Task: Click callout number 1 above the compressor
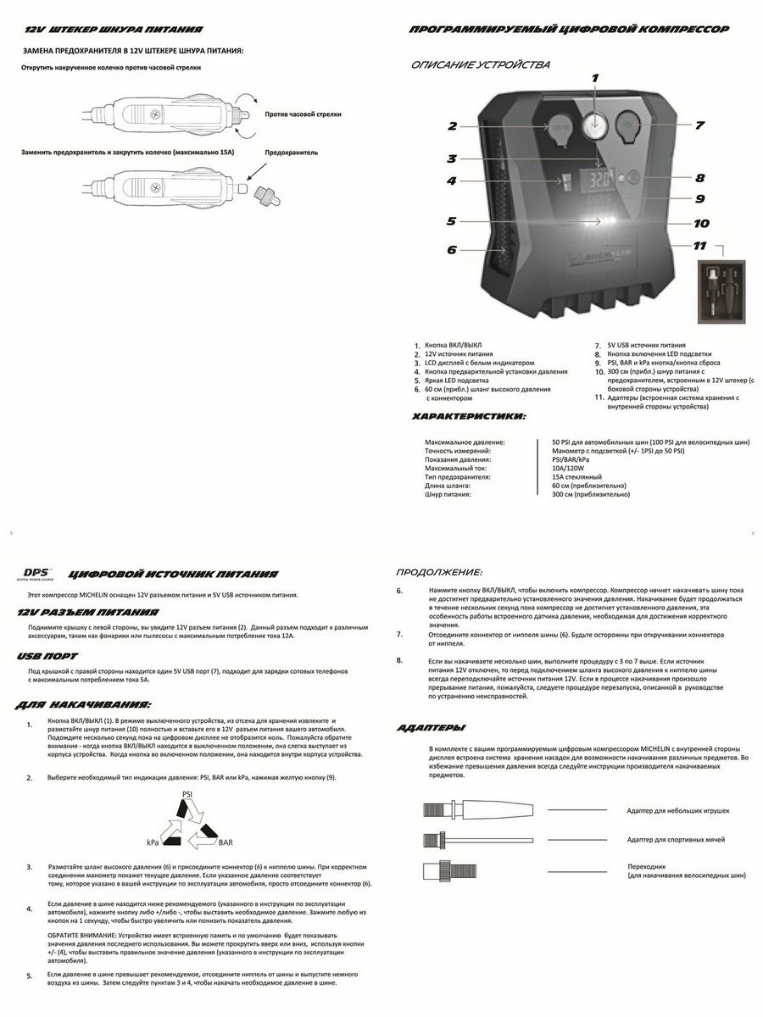click(x=595, y=77)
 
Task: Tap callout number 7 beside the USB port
click(x=699, y=125)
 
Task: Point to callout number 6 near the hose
click(x=451, y=250)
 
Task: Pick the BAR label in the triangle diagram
click(x=226, y=844)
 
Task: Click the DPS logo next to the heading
click(x=36, y=573)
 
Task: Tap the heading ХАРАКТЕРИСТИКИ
click(x=468, y=417)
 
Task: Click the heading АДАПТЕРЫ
click(x=431, y=728)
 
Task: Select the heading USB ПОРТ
click(x=47, y=656)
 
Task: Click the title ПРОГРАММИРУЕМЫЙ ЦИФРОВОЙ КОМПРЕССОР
click(x=568, y=30)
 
